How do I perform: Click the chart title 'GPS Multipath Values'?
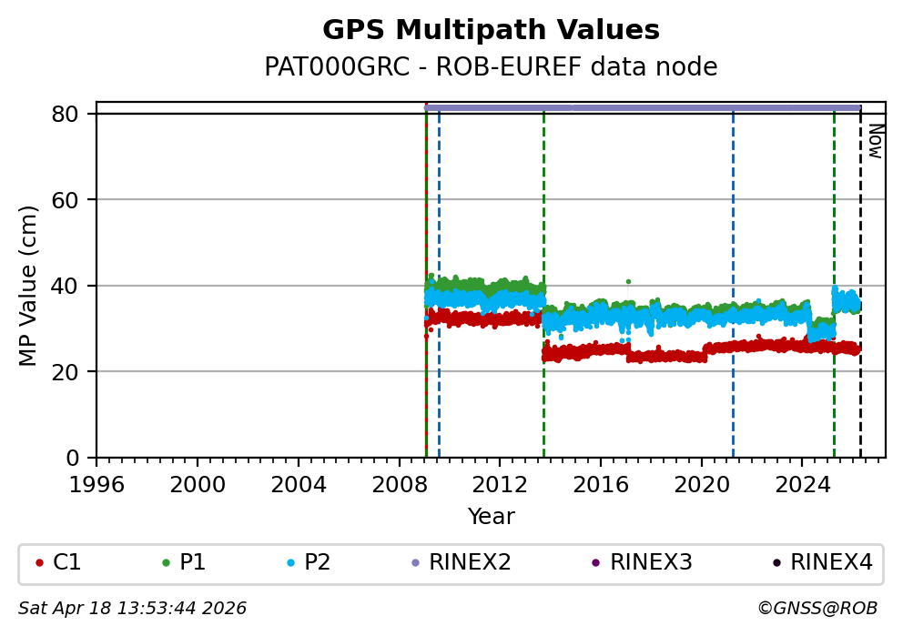pyautogui.click(x=491, y=30)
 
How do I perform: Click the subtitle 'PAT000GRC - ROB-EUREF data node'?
pyautogui.click(x=491, y=67)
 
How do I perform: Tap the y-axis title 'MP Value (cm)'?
pyautogui.click(x=29, y=286)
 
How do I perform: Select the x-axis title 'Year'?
pyautogui.click(x=491, y=517)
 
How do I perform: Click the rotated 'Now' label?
pyautogui.click(x=875, y=141)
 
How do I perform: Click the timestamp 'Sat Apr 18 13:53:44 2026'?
pyautogui.click(x=132, y=608)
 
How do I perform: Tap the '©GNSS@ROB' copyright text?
pyautogui.click(x=817, y=608)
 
